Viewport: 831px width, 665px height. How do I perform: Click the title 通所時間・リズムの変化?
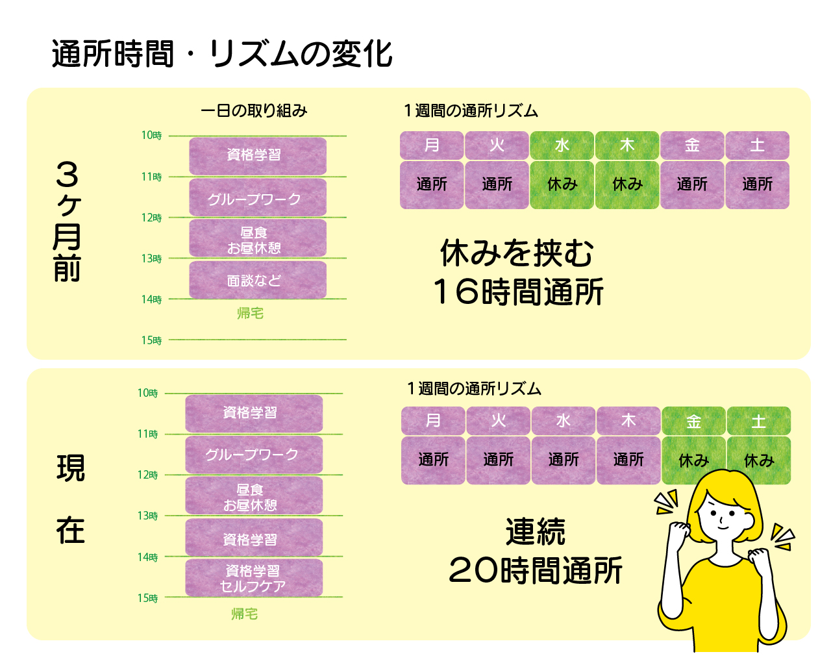pyautogui.click(x=222, y=54)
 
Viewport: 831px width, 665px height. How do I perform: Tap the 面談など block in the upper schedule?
pyautogui.click(x=258, y=280)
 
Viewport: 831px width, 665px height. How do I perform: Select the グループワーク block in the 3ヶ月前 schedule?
pyautogui.click(x=258, y=197)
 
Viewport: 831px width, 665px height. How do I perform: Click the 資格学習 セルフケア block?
pyautogui.click(x=254, y=578)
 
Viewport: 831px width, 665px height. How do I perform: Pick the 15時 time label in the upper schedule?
pyautogui.click(x=151, y=340)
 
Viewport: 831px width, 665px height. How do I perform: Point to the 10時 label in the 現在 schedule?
pyautogui.click(x=147, y=393)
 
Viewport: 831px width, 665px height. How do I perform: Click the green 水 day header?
pyautogui.click(x=562, y=145)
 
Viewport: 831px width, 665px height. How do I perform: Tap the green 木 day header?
pyautogui.click(x=627, y=145)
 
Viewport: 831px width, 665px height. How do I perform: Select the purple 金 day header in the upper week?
pyautogui.click(x=692, y=145)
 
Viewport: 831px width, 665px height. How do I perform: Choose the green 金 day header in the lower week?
pyautogui.click(x=693, y=421)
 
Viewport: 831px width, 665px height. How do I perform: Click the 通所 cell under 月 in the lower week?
pyautogui.click(x=433, y=460)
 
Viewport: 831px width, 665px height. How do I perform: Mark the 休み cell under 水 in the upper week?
pyautogui.click(x=562, y=185)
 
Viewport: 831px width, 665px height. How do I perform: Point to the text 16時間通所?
pyautogui.click(x=518, y=292)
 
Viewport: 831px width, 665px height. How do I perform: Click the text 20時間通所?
pyautogui.click(x=535, y=570)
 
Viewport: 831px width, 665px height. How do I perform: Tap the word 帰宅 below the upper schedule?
pyautogui.click(x=250, y=313)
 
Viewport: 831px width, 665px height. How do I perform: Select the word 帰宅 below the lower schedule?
pyautogui.click(x=245, y=614)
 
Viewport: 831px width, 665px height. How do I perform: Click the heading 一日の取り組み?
pyautogui.click(x=254, y=111)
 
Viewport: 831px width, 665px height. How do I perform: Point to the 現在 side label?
pyautogui.click(x=70, y=499)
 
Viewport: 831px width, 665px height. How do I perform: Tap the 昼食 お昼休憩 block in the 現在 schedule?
pyautogui.click(x=254, y=496)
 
